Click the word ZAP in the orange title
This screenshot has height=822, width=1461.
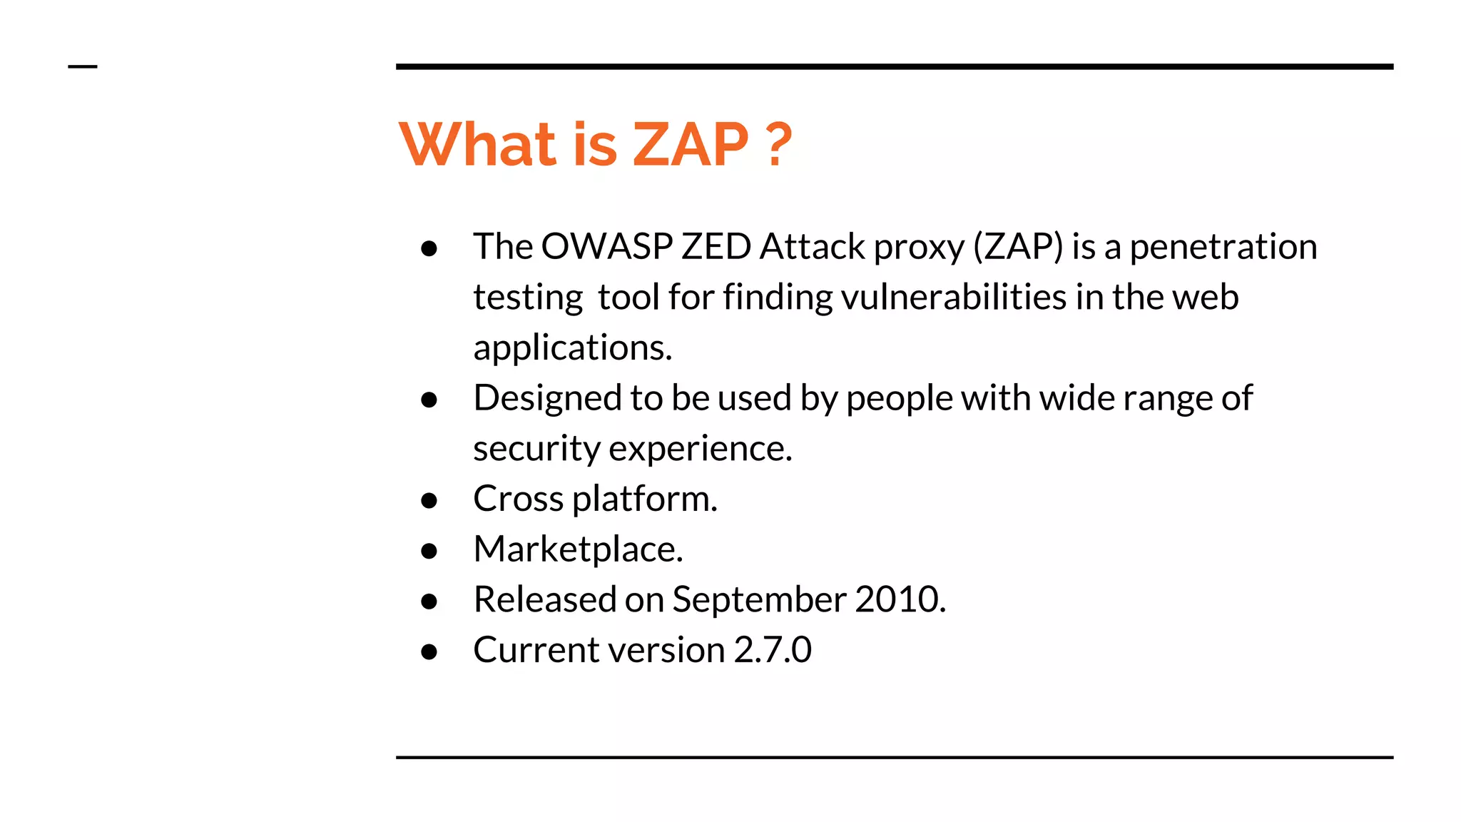click(x=691, y=145)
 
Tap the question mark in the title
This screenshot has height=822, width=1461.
click(x=779, y=145)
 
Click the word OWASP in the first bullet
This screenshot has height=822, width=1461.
click(x=606, y=247)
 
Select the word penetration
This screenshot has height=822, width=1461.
click(x=1223, y=247)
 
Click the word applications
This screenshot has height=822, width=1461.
click(x=572, y=348)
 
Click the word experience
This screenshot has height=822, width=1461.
click(x=701, y=449)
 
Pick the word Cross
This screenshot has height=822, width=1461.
click(x=518, y=499)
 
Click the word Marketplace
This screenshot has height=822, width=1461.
click(x=578, y=549)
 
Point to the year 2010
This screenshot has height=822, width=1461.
click(x=900, y=599)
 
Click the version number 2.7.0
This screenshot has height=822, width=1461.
click(x=773, y=650)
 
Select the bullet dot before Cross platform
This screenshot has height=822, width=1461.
click(x=429, y=501)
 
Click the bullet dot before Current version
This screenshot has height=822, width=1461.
click(x=429, y=652)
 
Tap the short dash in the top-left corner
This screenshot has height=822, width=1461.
click(x=82, y=67)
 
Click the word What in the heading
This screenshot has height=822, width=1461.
click(x=477, y=145)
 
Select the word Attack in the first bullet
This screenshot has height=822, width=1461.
click(x=812, y=247)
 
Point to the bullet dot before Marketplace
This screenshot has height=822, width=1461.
click(x=429, y=552)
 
